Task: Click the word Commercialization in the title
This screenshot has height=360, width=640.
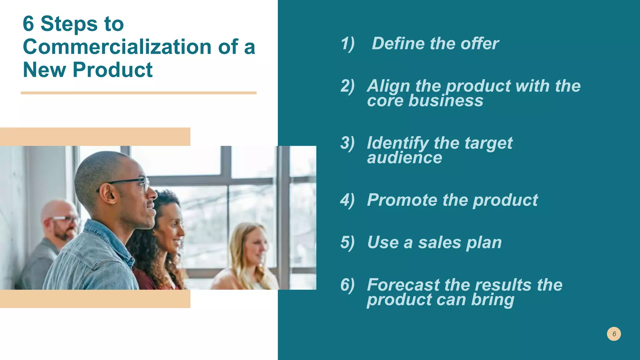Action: (117, 47)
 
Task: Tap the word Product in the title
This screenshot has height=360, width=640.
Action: (112, 70)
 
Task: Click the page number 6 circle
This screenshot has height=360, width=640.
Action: (614, 334)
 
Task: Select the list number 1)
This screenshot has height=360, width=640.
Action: (347, 43)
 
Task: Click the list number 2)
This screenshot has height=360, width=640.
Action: (347, 86)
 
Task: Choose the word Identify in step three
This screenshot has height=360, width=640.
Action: (397, 143)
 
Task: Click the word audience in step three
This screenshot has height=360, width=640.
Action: (405, 157)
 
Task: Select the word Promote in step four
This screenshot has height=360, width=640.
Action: (402, 200)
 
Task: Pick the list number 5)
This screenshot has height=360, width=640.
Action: (347, 242)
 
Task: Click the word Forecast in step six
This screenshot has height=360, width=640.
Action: (403, 285)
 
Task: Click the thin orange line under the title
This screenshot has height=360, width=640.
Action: (138, 93)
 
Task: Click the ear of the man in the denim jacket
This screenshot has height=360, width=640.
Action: (108, 192)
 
